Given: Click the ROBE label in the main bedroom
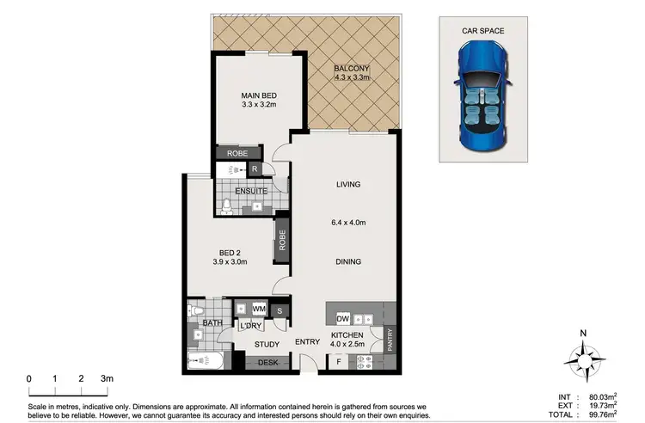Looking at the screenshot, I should click(237, 153).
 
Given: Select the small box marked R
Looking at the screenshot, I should click(255, 169).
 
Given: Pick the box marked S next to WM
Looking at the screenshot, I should click(279, 310).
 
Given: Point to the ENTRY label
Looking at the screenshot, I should click(307, 342).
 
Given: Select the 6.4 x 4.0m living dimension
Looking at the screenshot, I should click(348, 224).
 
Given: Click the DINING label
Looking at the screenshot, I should click(348, 261).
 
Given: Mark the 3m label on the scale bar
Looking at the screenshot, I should click(106, 378).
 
